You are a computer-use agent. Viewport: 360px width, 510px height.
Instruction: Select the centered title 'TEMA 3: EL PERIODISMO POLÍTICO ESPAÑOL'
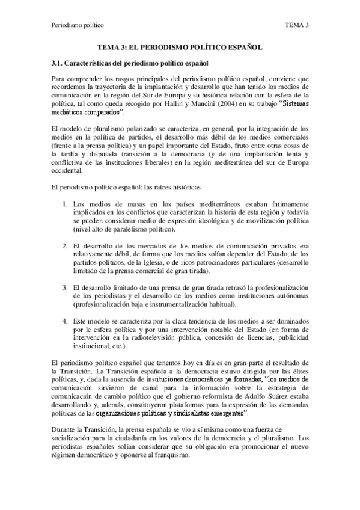[180, 47]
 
